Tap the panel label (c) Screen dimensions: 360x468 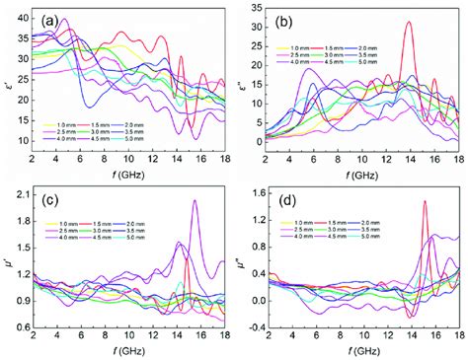(x=52, y=195)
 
